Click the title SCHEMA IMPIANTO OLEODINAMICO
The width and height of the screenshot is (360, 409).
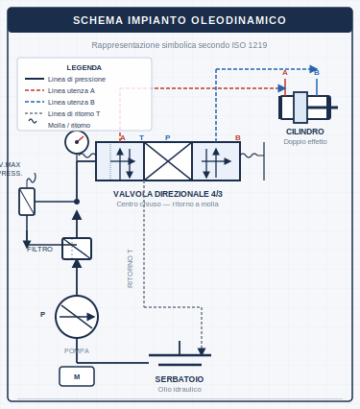pyautogui.click(x=180, y=20)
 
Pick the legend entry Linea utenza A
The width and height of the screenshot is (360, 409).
pyautogui.click(x=71, y=90)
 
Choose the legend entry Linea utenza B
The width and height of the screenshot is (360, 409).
pyautogui.click(x=71, y=102)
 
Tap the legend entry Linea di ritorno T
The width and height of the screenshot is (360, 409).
pyautogui.click(x=74, y=113)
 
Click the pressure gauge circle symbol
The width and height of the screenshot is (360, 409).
pyautogui.click(x=77, y=142)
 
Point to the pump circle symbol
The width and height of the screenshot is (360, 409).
pyautogui.click(x=77, y=316)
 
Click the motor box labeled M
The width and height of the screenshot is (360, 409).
pyautogui.click(x=77, y=377)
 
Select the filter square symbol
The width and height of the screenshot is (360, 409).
pyautogui.click(x=77, y=249)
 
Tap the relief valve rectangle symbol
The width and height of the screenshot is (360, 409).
pyautogui.click(x=27, y=202)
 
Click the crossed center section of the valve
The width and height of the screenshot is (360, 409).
pyautogui.click(x=168, y=161)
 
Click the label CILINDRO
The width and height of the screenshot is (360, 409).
pyautogui.click(x=304, y=132)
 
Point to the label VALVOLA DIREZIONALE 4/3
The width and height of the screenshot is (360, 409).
pyautogui.click(x=168, y=194)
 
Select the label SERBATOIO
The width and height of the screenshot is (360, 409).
pyautogui.click(x=180, y=379)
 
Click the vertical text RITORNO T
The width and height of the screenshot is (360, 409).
pyautogui.click(x=131, y=269)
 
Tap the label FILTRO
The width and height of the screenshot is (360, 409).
pyautogui.click(x=39, y=249)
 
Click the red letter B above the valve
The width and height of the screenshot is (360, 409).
pyautogui.click(x=238, y=137)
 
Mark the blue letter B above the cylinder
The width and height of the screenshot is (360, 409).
pyautogui.click(x=317, y=72)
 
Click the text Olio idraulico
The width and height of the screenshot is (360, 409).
pyautogui.click(x=180, y=389)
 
